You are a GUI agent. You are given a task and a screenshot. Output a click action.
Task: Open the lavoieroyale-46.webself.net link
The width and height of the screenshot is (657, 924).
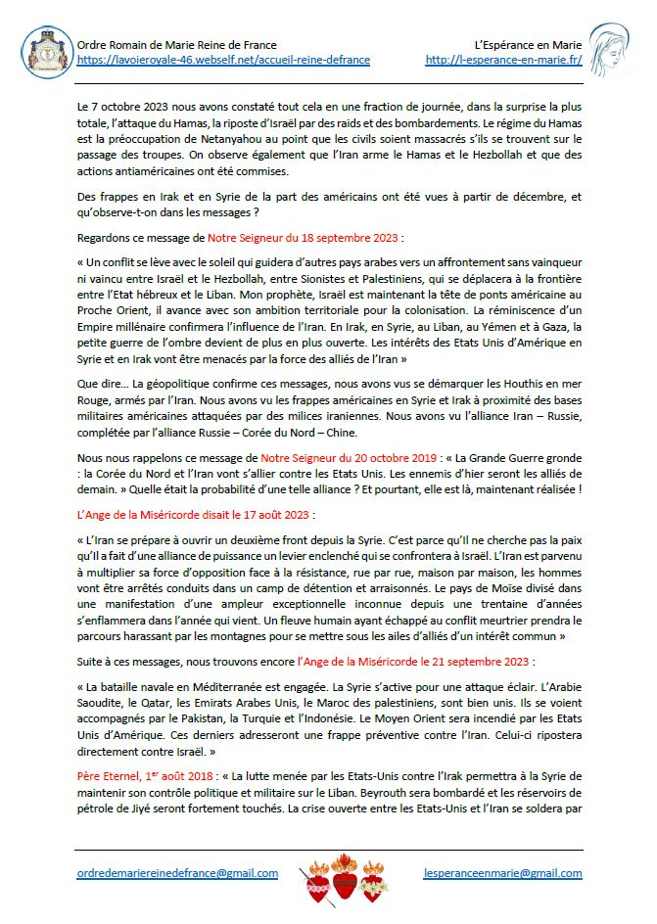click(x=223, y=60)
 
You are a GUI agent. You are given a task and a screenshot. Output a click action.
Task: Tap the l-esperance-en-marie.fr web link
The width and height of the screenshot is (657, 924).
click(x=504, y=60)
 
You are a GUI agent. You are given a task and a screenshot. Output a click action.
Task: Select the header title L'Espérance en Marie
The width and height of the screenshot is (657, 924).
click(x=529, y=45)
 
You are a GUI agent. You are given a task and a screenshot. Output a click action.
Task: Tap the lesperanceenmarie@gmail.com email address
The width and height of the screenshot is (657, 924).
click(x=502, y=873)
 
